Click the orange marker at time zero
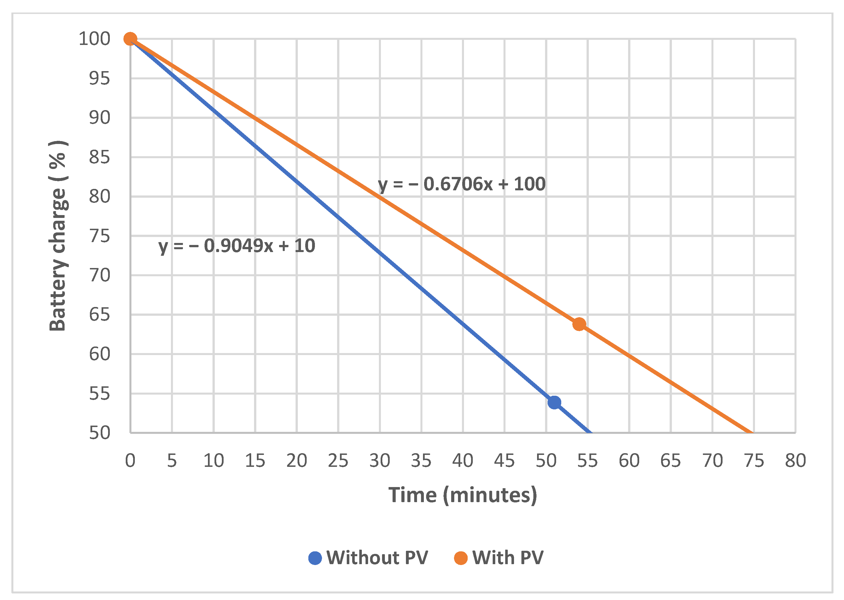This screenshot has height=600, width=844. pos(130,38)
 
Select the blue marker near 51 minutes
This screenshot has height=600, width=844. pos(554,402)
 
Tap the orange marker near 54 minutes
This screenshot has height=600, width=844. pos(579,324)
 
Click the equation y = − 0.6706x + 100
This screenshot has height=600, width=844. pos(461,184)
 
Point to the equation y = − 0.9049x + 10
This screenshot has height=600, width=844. pos(237,246)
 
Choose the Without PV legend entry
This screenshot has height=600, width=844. pos(368,558)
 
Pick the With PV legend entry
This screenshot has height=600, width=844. pos(499,558)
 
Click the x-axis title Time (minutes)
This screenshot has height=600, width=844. pos(463,495)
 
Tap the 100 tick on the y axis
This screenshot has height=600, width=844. pos(94,39)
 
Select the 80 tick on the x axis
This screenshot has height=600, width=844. pos(795,461)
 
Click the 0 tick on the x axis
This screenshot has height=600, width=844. pos(130,461)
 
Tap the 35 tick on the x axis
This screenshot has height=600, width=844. pos(421,461)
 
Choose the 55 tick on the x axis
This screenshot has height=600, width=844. pos(587,461)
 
